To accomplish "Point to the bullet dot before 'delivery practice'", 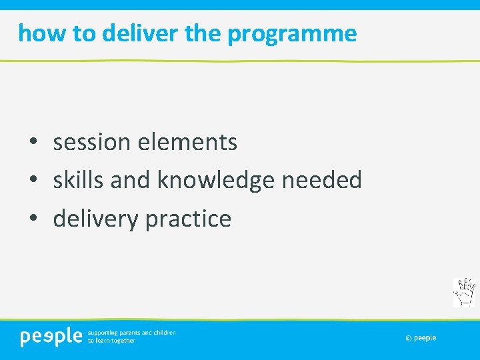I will coord(33,219).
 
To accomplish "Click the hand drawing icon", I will coord(464,292).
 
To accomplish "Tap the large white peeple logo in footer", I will coord(51,337).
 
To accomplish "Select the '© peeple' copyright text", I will coord(421,338).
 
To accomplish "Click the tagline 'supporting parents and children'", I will coord(132,332).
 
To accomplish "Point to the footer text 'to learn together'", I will coord(111,341).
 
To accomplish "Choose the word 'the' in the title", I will coord(204,33).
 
